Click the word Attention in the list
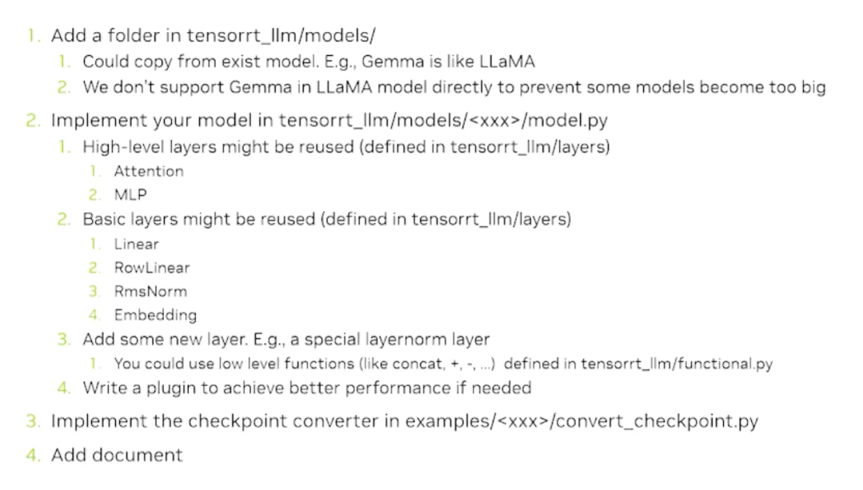click(x=149, y=171)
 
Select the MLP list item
click(x=130, y=194)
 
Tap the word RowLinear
click(x=152, y=268)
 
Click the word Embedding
click(x=155, y=315)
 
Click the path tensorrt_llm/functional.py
click(x=677, y=364)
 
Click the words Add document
click(x=117, y=456)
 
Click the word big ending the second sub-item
click(x=812, y=87)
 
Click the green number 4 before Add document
click(x=32, y=456)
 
